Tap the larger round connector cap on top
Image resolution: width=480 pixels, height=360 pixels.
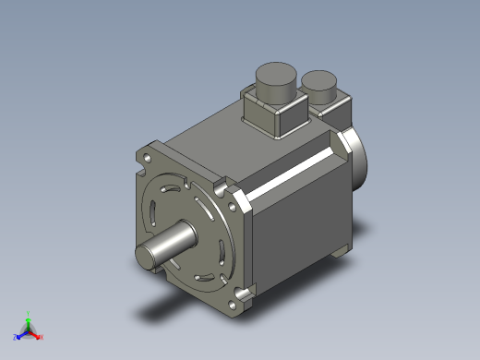(x=275, y=80)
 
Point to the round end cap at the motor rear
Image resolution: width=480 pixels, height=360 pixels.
(x=356, y=158)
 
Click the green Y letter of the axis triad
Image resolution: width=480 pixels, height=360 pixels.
(x=30, y=314)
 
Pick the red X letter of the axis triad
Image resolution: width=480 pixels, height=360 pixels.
(x=42, y=337)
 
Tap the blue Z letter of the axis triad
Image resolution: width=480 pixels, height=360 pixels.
(x=16, y=338)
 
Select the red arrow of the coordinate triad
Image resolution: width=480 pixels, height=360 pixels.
(x=35, y=333)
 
